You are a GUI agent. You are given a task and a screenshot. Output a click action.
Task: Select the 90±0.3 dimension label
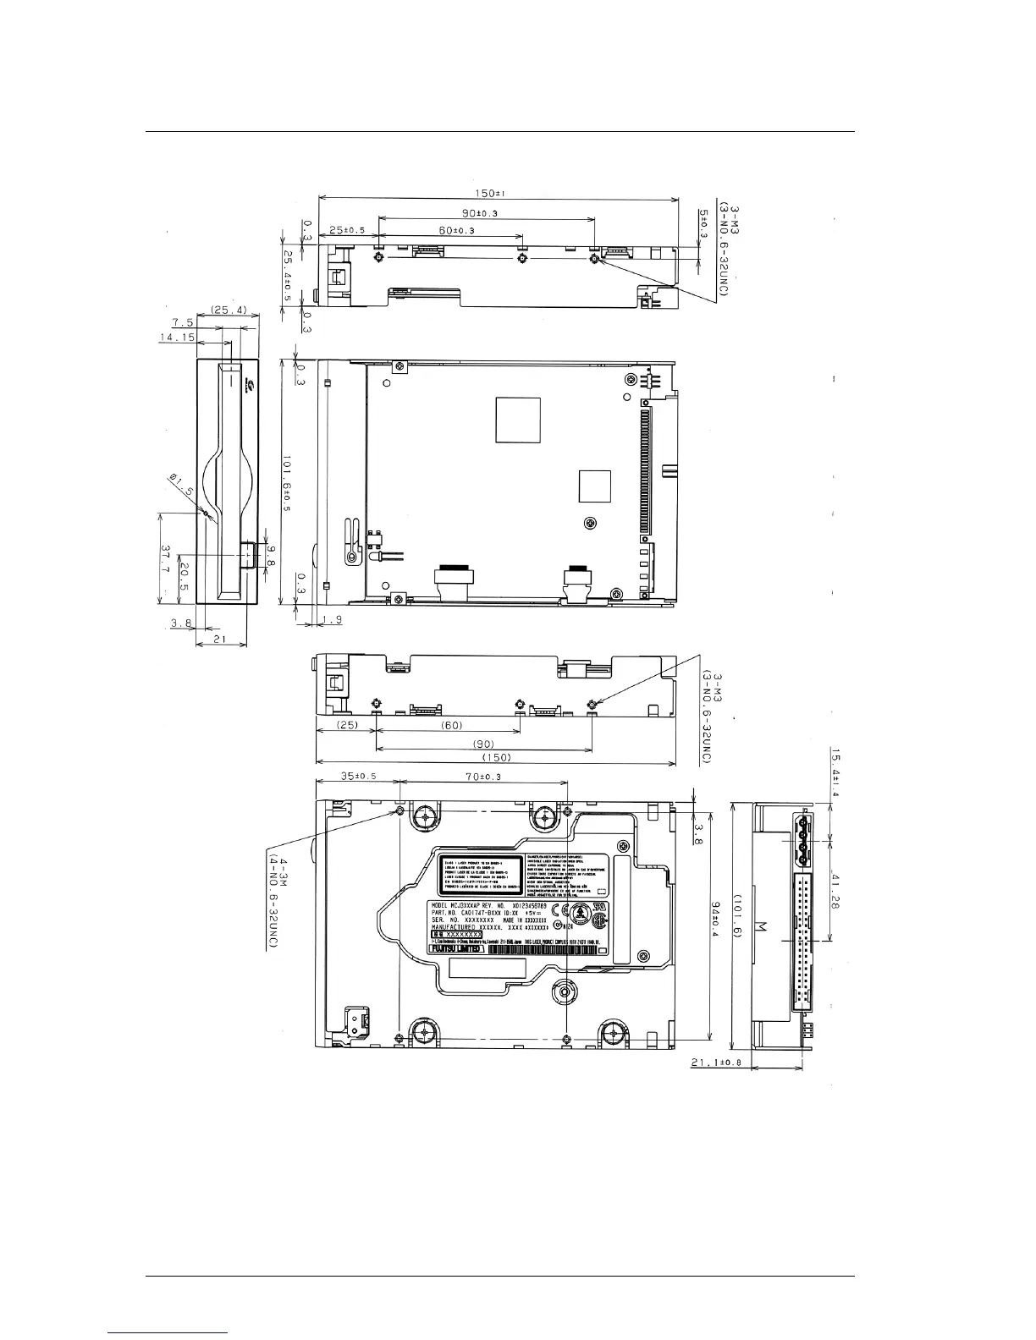click(478, 212)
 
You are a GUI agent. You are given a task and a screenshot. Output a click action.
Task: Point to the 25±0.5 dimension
click(347, 230)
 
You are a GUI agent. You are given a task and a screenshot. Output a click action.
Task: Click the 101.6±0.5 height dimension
click(288, 481)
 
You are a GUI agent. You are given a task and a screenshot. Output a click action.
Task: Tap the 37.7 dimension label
click(167, 562)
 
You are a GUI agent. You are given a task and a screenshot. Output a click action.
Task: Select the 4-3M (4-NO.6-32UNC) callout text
click(273, 902)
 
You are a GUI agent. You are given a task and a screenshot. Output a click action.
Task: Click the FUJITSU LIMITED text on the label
click(456, 949)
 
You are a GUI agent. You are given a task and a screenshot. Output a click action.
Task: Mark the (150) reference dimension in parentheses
click(495, 758)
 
